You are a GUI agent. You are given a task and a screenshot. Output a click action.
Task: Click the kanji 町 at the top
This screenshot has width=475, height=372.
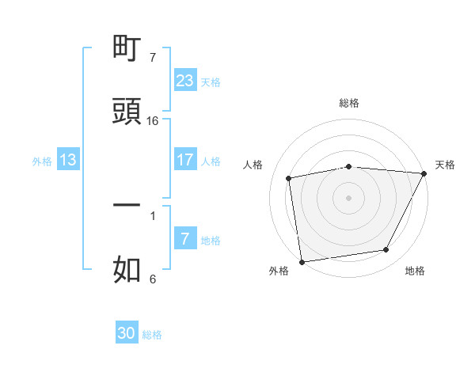click(127, 49)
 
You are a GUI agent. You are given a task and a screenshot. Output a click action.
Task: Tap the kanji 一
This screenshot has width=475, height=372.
click(127, 204)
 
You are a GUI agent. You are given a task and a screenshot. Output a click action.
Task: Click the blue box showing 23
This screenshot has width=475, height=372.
click(185, 80)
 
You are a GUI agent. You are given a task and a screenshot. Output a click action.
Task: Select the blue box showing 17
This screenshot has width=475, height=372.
click(185, 160)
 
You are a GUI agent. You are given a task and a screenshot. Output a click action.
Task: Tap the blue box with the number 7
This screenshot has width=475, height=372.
click(185, 239)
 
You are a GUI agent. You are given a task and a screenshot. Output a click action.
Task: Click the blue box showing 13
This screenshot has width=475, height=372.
click(68, 160)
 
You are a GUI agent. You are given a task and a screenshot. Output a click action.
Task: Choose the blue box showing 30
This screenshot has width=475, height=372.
click(127, 333)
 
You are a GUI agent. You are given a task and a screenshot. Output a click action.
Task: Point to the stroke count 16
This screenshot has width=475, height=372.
click(153, 120)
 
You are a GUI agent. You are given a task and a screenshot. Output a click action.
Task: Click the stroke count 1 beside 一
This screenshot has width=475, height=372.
click(152, 214)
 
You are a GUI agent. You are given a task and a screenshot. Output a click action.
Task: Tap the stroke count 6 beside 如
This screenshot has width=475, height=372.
click(152, 279)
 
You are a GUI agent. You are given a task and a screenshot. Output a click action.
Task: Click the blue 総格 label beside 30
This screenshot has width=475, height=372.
click(152, 335)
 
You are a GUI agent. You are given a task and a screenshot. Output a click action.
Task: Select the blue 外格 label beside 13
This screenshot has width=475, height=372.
click(42, 161)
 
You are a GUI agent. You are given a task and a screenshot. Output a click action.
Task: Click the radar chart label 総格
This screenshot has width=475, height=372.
click(348, 103)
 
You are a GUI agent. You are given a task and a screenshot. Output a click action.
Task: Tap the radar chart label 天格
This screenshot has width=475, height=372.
click(445, 165)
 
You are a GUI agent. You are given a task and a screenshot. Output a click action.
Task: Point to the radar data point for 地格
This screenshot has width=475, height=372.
click(386, 250)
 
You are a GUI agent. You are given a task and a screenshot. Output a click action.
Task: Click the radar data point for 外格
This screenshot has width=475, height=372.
click(302, 261)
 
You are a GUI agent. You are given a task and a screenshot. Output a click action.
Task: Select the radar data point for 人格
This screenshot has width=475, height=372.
click(289, 178)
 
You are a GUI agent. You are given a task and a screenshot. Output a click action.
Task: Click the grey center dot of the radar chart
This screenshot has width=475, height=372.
click(348, 197)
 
